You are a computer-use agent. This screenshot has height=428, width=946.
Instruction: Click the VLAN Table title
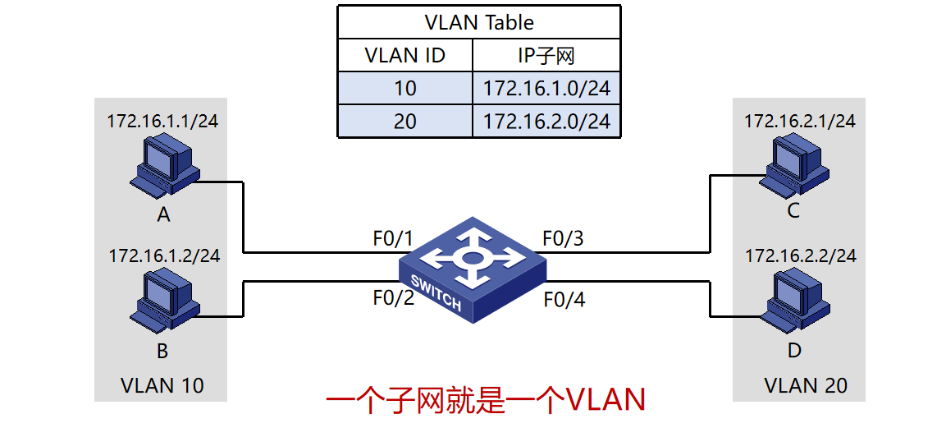[479, 21]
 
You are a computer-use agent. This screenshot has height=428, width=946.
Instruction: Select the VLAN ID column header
[404, 55]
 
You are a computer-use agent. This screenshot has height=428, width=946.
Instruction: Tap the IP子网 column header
[546, 55]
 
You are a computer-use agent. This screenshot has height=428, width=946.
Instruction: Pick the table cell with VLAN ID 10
[404, 88]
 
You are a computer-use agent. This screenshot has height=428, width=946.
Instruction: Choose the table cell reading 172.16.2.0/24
[546, 121]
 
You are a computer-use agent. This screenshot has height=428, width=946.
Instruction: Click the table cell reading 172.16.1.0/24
[546, 88]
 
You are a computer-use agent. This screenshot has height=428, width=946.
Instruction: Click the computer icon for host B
[163, 301]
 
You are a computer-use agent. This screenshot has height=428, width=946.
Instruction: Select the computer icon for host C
[791, 165]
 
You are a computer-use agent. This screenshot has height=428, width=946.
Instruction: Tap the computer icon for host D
[793, 300]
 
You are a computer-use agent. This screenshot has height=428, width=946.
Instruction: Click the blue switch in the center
[473, 268]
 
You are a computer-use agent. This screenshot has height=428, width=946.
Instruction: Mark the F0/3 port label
[563, 239]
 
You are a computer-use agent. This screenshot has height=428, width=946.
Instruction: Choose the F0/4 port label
[564, 300]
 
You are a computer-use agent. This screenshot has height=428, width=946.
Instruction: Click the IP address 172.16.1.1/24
[162, 122]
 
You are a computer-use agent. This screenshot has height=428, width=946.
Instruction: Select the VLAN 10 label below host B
[162, 384]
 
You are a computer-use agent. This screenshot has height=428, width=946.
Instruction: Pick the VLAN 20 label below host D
[806, 384]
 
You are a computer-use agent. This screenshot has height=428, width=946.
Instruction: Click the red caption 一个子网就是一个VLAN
[486, 401]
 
